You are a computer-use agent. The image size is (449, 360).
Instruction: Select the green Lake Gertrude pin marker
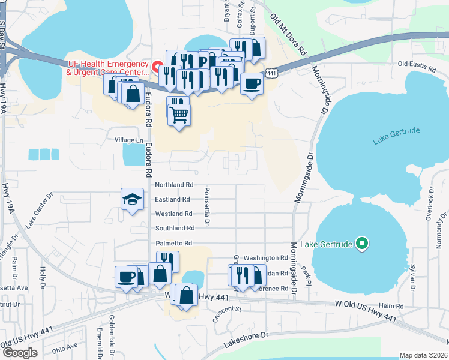coord(361,244)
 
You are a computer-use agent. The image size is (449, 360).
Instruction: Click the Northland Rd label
coord(174,185)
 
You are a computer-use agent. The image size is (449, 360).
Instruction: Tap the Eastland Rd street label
coord(172,199)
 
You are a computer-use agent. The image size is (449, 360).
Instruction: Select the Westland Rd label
coord(173,214)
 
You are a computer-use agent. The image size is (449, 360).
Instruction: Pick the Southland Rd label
coord(175,229)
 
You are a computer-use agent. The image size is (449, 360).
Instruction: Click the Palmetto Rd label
coord(174,243)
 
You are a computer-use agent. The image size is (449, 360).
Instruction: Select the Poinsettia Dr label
coord(206,206)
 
